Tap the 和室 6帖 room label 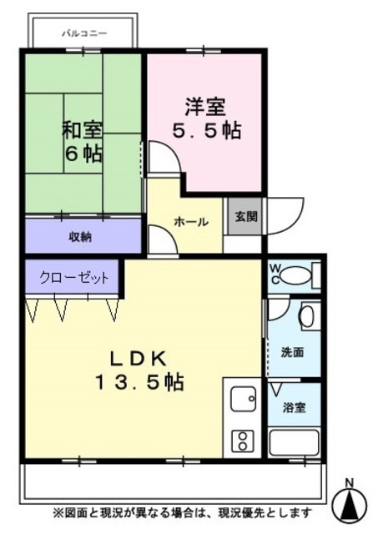point(82,142)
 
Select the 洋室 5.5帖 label point(206,118)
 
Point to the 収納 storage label point(80,236)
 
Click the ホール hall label point(190,222)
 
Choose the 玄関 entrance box point(245,217)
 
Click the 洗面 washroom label point(292,351)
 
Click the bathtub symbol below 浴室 point(294,442)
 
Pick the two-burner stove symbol point(242,440)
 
